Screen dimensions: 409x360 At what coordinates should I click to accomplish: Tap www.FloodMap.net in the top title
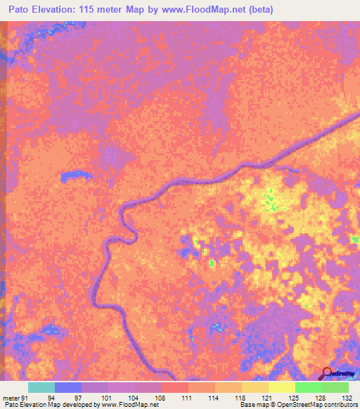tap(196, 10)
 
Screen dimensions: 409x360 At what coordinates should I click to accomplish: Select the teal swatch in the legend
tap(41, 387)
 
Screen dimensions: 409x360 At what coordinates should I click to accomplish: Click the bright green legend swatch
tap(309, 387)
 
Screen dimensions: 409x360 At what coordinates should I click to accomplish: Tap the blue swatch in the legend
tap(68, 387)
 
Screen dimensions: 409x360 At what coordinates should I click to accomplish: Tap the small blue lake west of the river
tap(72, 176)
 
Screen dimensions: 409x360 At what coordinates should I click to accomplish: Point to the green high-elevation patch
tap(269, 203)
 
